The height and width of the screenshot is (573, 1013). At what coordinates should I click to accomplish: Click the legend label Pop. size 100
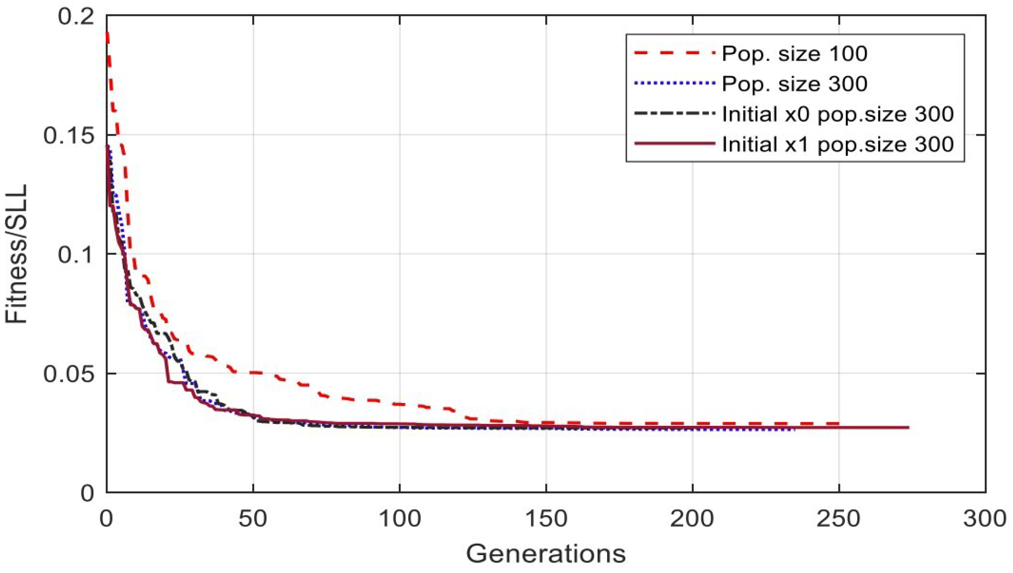(x=794, y=54)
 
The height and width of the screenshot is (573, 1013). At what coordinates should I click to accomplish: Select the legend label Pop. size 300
(x=794, y=84)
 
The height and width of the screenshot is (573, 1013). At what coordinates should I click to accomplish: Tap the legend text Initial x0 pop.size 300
(x=837, y=114)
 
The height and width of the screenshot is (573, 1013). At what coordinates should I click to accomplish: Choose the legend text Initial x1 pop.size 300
(x=837, y=145)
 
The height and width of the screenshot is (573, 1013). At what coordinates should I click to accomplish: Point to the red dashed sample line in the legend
(x=674, y=53)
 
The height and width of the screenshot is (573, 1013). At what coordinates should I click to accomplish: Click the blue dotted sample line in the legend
(x=674, y=83)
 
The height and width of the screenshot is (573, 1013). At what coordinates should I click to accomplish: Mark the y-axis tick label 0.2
(x=76, y=16)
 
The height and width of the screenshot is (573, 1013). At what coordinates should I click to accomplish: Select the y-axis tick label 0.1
(x=76, y=254)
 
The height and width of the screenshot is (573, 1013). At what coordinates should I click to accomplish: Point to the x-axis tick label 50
(x=253, y=519)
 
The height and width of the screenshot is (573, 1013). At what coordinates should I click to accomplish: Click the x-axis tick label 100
(x=399, y=519)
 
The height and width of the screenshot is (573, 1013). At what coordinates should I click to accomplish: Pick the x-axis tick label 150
(x=546, y=519)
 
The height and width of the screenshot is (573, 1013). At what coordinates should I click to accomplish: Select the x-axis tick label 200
(x=692, y=519)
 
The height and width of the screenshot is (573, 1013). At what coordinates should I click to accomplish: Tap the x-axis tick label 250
(x=838, y=519)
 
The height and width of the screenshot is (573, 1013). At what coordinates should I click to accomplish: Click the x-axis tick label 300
(x=985, y=519)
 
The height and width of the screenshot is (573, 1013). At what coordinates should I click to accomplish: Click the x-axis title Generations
(x=546, y=554)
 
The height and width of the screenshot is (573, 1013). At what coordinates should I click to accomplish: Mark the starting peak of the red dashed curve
(x=107, y=34)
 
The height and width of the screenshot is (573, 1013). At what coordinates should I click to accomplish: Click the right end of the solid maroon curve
(x=908, y=427)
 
